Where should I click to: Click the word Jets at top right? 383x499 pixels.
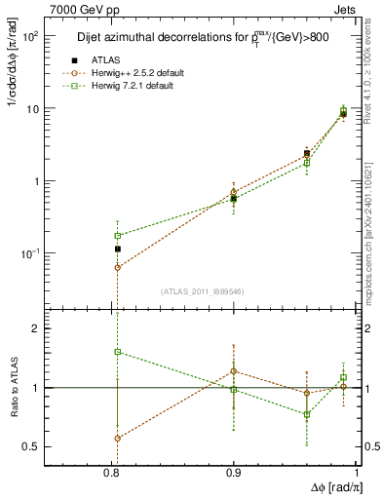point(345,9)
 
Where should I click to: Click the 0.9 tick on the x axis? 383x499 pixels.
point(234,473)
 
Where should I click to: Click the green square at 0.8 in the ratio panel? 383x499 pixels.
point(118,352)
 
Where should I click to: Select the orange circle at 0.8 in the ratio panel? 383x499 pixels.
point(118,439)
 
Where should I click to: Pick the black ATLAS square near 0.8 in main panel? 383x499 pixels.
point(117,249)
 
